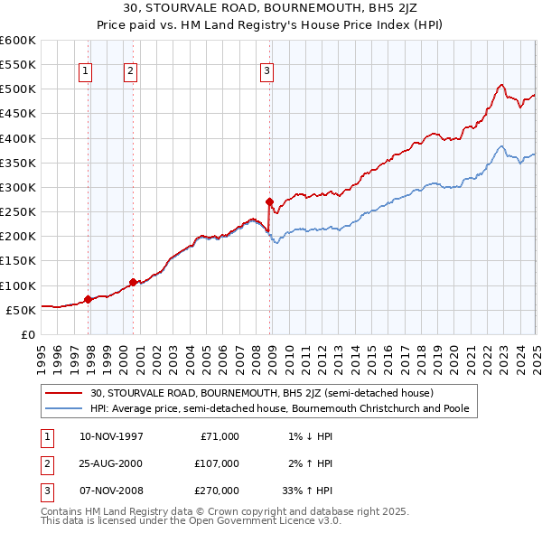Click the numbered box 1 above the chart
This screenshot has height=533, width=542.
pos(84,71)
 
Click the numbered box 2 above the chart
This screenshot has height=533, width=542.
pos(130,71)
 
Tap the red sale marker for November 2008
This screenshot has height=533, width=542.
pos(269,201)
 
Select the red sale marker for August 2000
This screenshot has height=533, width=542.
pos(133,282)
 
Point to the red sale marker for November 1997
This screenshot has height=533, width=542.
pos(88,299)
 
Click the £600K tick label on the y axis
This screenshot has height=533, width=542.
pos(18,41)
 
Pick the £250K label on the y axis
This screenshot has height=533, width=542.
pos(18,211)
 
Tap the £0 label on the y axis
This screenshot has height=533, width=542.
pos(27,334)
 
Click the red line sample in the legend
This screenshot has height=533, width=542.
pos(64,393)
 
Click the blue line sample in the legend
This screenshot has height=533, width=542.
pos(64,409)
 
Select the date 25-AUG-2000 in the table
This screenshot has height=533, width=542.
pos(110,463)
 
